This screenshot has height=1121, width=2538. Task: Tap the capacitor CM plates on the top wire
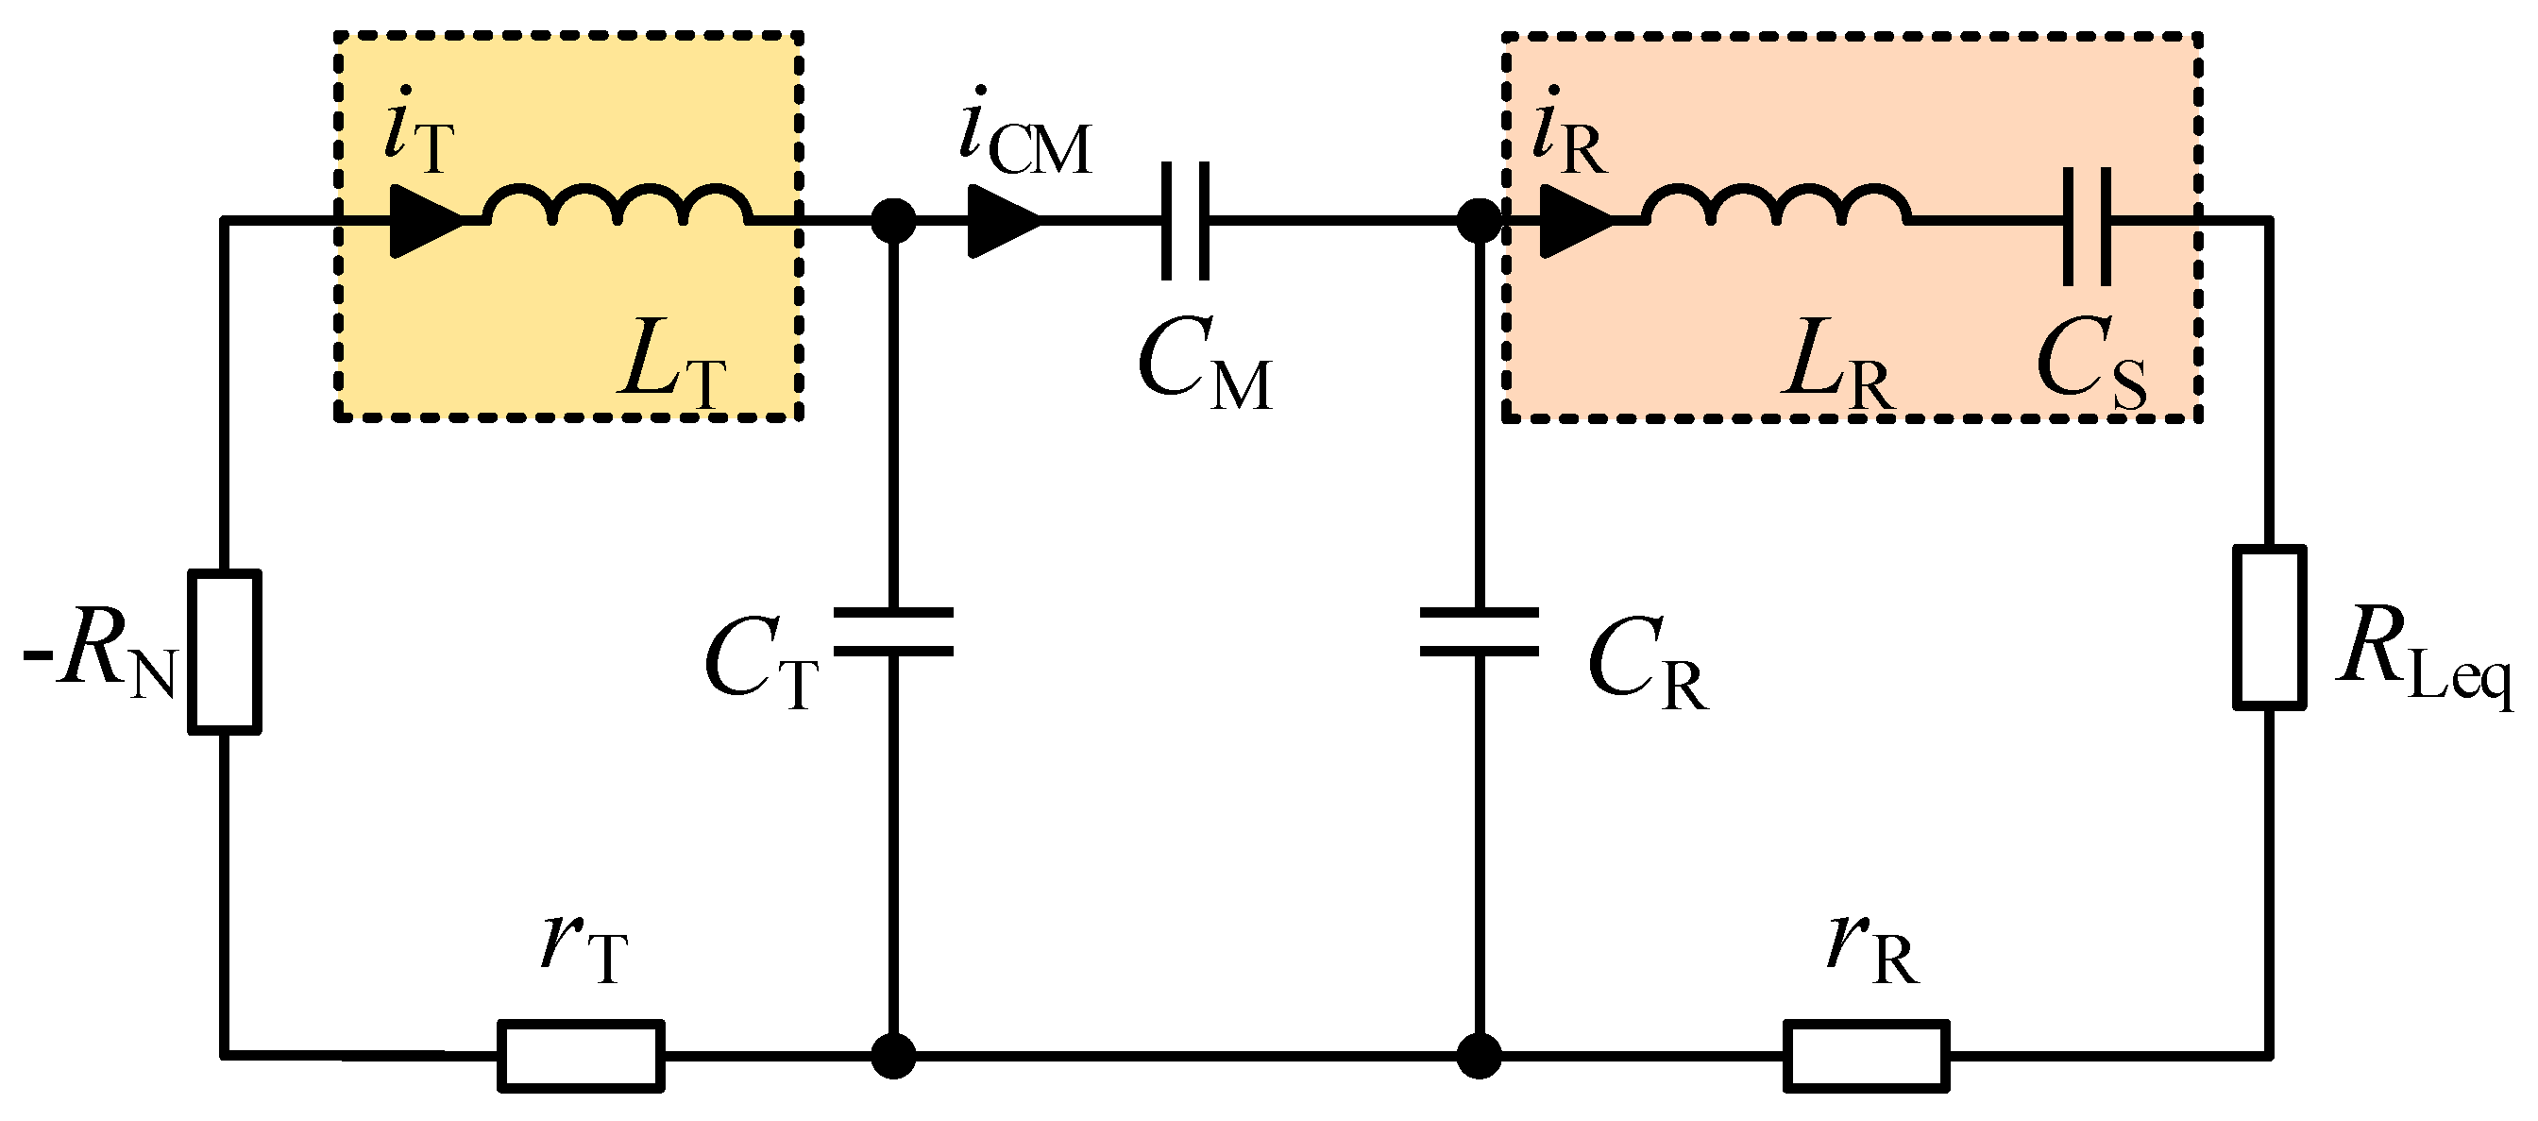[1184, 221]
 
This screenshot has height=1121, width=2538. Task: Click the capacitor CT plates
[893, 632]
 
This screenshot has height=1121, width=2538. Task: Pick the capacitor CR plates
[1479, 632]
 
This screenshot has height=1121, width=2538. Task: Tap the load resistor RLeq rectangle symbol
[2269, 626]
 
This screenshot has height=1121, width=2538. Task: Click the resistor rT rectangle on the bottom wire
[581, 1056]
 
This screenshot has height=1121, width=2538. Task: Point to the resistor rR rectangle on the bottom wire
[1866, 1056]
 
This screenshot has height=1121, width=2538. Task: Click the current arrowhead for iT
[427, 221]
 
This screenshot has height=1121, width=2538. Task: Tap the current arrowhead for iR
[1577, 221]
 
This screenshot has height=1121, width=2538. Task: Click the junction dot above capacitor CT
[893, 221]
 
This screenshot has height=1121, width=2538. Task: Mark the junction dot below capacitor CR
[1479, 1056]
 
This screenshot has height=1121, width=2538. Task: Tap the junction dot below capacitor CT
[893, 1056]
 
